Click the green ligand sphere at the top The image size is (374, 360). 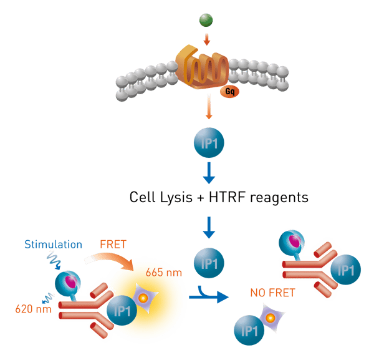[206, 19]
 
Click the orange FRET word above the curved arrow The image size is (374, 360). [113, 243]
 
